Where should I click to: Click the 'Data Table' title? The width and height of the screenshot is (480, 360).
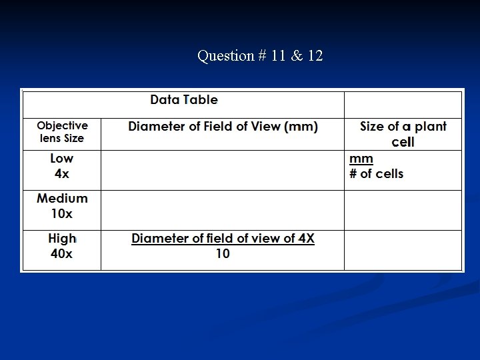[184, 100]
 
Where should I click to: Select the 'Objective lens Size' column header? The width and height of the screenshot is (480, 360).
[62, 132]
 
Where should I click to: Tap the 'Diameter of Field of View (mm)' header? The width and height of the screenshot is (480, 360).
[223, 127]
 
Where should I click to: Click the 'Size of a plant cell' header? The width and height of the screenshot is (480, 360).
[403, 134]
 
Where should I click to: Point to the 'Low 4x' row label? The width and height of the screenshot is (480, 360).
[61, 166]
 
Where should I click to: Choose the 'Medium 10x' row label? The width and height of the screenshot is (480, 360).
[62, 206]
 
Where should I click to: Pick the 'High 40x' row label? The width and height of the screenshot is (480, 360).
[62, 245]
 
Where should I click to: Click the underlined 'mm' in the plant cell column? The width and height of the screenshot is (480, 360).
[361, 159]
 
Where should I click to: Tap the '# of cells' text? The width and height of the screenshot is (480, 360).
[376, 174]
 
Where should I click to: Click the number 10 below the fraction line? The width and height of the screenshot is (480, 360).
[223, 254]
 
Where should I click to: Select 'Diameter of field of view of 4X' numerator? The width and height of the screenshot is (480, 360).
[223, 239]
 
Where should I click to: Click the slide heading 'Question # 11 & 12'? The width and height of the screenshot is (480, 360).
[260, 56]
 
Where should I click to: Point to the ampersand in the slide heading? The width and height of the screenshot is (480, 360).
[297, 56]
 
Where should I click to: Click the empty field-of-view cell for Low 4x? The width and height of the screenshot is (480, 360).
[223, 171]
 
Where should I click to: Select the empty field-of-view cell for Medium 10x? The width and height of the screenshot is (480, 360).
[223, 211]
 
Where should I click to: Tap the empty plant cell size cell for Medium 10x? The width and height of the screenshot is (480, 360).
[403, 211]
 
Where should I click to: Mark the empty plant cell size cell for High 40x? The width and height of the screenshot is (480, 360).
[403, 250]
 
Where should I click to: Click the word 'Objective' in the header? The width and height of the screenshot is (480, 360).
[62, 125]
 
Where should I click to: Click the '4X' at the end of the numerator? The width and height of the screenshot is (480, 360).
[306, 239]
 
